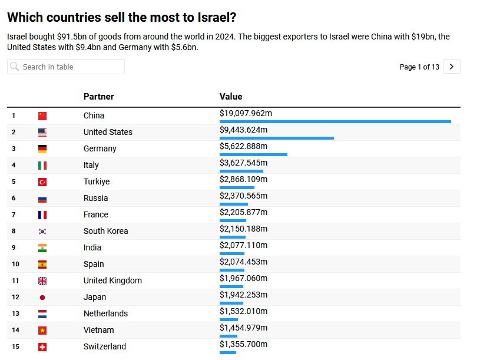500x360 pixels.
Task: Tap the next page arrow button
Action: tap(452, 67)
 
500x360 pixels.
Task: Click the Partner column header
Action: tap(99, 97)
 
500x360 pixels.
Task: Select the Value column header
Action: tap(231, 97)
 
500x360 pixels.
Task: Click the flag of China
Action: tap(42, 116)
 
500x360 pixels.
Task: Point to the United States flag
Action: tap(42, 133)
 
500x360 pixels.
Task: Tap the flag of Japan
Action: tap(42, 298)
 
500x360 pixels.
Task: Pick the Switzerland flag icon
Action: tap(42, 347)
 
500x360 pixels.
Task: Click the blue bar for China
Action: tap(335, 122)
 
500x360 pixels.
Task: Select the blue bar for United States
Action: tap(277, 138)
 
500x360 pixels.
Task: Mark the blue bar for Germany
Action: tap(253, 155)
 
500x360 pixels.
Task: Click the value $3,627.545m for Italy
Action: tap(243, 163)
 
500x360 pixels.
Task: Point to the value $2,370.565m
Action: tap(243, 196)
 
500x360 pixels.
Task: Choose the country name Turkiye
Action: tap(97, 181)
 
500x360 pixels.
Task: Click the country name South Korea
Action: tap(105, 231)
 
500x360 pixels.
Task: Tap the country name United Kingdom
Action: tap(112, 280)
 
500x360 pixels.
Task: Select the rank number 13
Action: tap(16, 313)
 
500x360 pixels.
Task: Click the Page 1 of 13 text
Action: tap(419, 67)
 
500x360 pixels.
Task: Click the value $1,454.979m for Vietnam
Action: tap(243, 328)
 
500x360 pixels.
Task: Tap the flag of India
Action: tap(42, 248)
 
